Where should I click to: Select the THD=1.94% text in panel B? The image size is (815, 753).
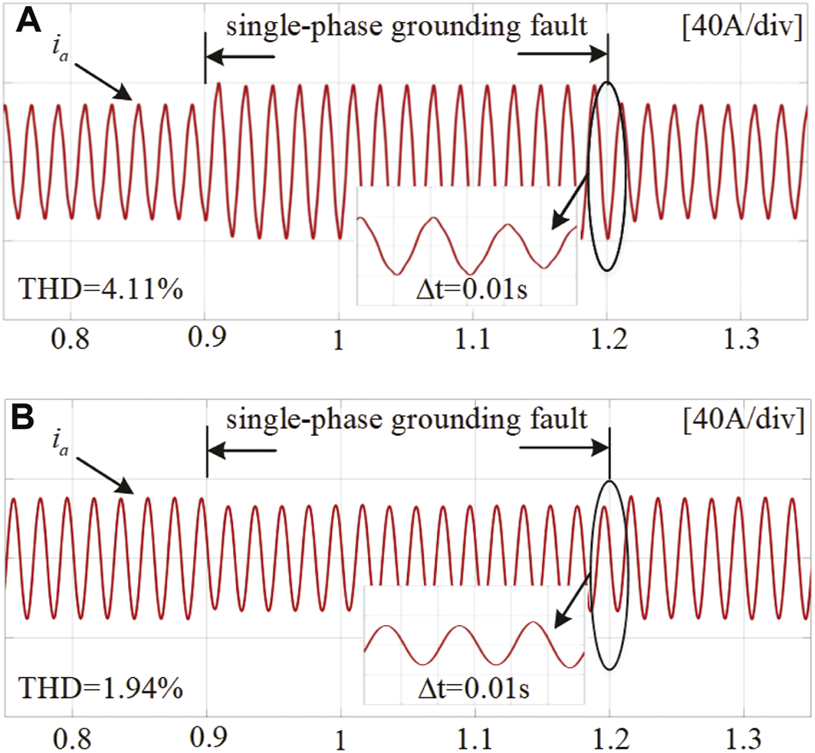click(x=101, y=687)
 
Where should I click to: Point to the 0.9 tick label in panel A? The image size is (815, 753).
click(x=205, y=342)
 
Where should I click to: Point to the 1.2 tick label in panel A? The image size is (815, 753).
click(x=608, y=342)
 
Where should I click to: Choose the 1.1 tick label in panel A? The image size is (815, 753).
click(x=473, y=342)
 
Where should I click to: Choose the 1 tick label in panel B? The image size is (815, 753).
click(x=340, y=739)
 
